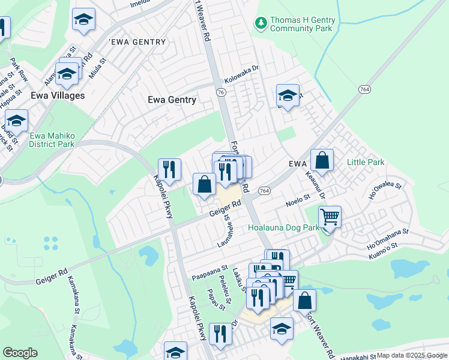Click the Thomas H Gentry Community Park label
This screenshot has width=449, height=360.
click(302, 24)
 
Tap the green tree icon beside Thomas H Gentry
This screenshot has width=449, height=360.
click(261, 23)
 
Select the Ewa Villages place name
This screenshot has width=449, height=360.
click(58, 95)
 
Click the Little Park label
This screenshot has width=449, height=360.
click(365, 163)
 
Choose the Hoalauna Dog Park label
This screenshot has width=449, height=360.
click(285, 228)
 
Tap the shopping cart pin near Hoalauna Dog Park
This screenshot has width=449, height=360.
click(329, 217)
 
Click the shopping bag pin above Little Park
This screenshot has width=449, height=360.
click(322, 160)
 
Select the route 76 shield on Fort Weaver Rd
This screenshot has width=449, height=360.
click(221, 92)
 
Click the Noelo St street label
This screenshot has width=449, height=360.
click(297, 197)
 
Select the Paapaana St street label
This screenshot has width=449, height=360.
click(210, 273)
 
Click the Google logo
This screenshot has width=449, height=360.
click(20, 353)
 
